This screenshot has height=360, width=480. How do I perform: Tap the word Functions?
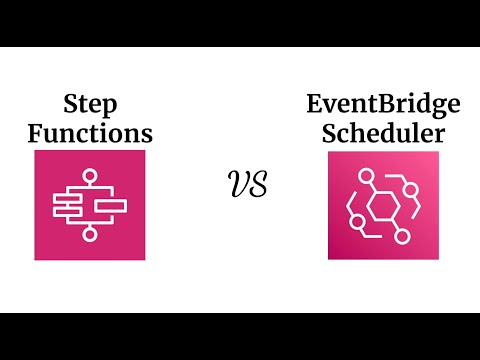pyautogui.click(x=90, y=132)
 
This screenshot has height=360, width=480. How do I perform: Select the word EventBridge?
pyautogui.click(x=370, y=103)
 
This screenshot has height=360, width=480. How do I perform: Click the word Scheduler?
pyautogui.click(x=370, y=132)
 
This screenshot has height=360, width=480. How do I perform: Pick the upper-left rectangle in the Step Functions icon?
pyautogui.click(x=68, y=197)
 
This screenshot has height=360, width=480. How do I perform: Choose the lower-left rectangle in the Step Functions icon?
pyautogui.click(x=68, y=213)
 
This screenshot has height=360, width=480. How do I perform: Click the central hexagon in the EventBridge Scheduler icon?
pyautogui.click(x=369, y=206)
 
